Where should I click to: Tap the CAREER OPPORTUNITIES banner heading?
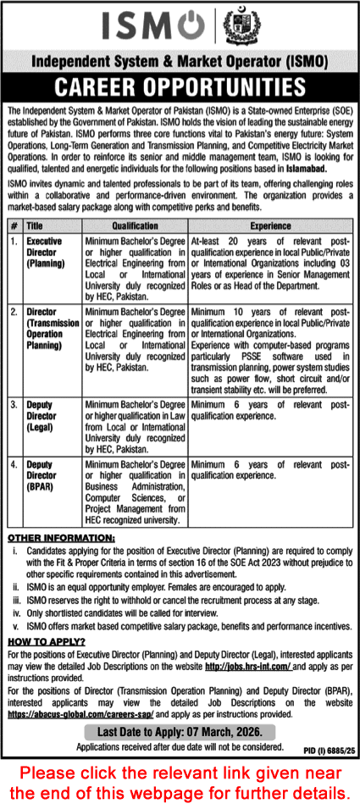pos(180,88)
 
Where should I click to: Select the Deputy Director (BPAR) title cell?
pos(46,472)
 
